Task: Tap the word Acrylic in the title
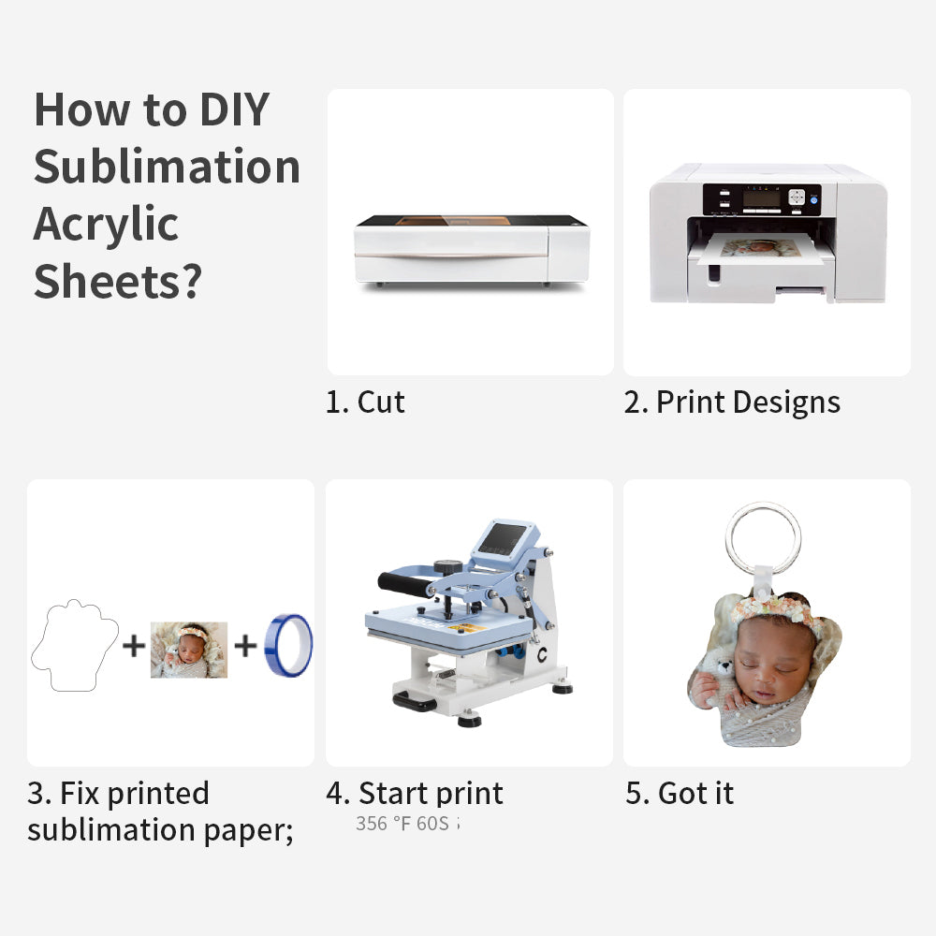pyautogui.click(x=106, y=225)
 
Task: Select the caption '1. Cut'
pyautogui.click(x=365, y=402)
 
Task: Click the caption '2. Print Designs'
pyautogui.click(x=732, y=402)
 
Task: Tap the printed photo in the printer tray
pyautogui.click(x=760, y=250)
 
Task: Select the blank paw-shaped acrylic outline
pyautogui.click(x=75, y=646)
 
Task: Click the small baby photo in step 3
pyautogui.click(x=189, y=650)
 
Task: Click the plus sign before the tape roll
pyautogui.click(x=245, y=645)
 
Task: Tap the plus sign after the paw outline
pyautogui.click(x=134, y=645)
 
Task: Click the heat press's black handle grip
pyautogui.click(x=404, y=585)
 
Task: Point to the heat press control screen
pyautogui.click(x=504, y=540)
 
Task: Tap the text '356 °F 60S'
pyautogui.click(x=402, y=824)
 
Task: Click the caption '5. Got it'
pyautogui.click(x=680, y=794)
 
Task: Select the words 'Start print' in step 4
pyautogui.click(x=431, y=794)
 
